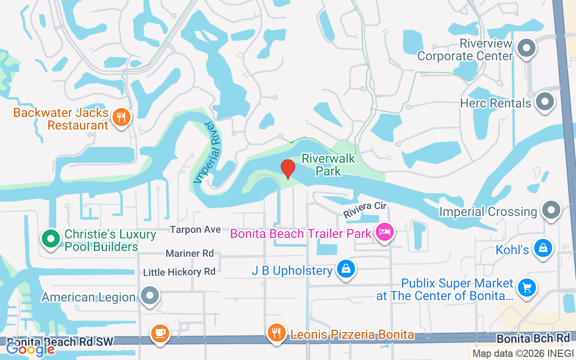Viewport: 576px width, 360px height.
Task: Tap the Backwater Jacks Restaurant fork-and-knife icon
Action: point(121,117)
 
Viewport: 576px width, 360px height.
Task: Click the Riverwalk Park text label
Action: point(328,165)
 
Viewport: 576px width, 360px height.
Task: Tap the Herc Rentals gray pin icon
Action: point(545,102)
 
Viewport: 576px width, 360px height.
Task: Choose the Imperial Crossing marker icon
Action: point(551,210)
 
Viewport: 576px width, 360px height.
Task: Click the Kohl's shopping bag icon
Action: point(543,248)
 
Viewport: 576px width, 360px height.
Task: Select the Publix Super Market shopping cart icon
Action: point(526,288)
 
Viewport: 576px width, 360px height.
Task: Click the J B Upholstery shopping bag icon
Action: point(346,269)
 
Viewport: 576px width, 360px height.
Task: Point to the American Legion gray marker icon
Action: point(149,296)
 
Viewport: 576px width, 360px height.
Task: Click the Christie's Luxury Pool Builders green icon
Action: point(51,238)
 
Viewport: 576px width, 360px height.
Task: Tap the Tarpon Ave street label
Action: point(195,230)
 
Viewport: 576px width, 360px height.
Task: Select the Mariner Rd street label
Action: point(189,254)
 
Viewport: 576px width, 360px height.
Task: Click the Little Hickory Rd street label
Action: point(179,272)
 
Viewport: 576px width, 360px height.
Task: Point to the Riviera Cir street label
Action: point(365,209)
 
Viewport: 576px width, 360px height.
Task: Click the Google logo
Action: point(30,349)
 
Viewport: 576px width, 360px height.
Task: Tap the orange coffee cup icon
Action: point(160,333)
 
